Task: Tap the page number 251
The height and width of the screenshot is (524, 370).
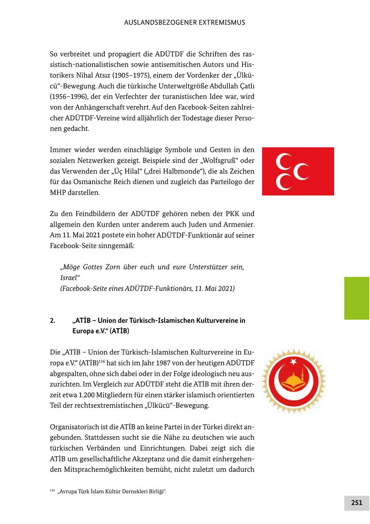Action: (356, 503)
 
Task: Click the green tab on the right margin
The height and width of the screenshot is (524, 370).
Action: (356, 298)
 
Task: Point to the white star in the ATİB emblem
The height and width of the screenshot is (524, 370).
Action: (294, 361)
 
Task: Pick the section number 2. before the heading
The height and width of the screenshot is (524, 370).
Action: (53, 320)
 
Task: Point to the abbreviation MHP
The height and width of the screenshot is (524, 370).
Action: (58, 193)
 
